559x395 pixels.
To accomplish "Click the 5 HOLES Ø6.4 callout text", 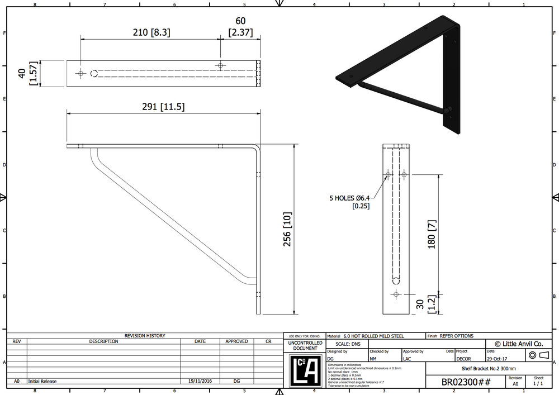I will tap(350, 197).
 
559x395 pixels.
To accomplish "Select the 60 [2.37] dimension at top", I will tap(240, 27).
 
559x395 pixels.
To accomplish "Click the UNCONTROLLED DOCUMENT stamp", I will tap(304, 345).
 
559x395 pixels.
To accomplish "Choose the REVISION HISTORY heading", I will tap(144, 336).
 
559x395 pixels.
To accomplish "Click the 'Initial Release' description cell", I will tap(42, 381).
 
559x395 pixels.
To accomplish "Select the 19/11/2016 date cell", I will tap(200, 381).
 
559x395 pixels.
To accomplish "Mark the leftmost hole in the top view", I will tap(81, 73).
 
